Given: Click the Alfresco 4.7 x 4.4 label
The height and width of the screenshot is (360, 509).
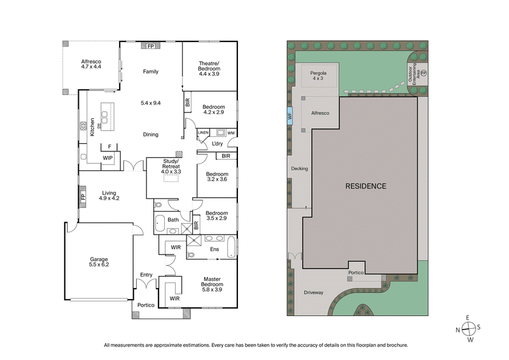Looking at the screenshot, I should pos(91,64).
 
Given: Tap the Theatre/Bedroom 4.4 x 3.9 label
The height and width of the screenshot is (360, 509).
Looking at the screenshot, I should pos(200,67).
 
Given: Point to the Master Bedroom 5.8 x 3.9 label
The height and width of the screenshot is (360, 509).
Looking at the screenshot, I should pos(213,284).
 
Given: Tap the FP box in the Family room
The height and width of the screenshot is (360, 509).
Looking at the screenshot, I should pos(150,46).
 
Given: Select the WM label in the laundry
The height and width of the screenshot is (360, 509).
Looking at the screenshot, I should pos(230,133).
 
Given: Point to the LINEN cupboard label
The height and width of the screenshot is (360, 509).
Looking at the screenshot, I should pos(203,133).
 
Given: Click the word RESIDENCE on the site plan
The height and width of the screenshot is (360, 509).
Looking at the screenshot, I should pos(365,186).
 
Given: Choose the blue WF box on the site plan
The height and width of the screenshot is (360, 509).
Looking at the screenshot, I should pos(289,116).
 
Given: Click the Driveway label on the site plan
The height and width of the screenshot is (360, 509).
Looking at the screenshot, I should pos(313,293).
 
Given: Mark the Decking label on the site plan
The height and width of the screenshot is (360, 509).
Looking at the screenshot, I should pos(299,169).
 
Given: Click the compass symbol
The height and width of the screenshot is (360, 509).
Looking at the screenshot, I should pos(469,329).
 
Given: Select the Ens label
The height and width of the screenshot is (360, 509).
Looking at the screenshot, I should pos(214,249).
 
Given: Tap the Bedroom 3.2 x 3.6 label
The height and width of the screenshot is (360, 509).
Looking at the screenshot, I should pos(216,176).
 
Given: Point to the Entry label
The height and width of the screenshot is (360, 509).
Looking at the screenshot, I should pos(146,275).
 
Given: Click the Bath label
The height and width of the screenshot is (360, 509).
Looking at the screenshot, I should pos(173,220).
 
